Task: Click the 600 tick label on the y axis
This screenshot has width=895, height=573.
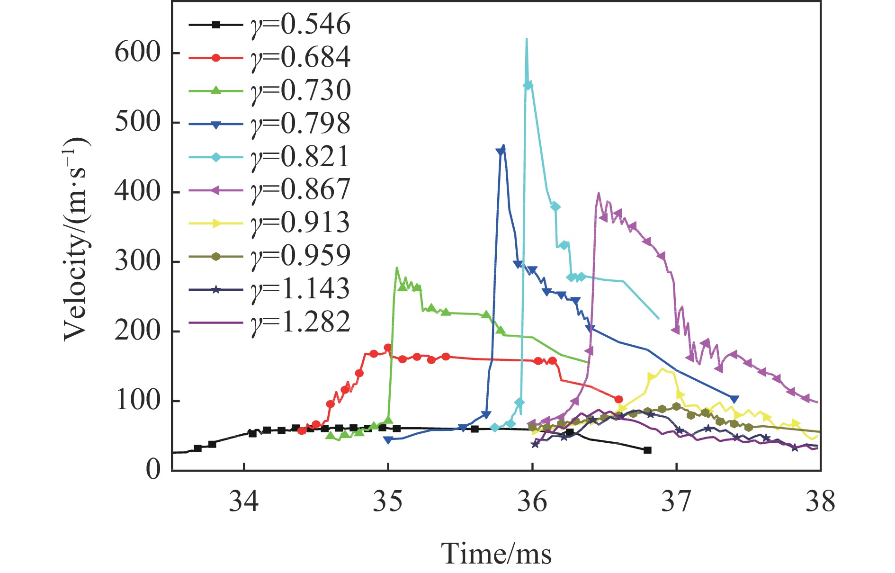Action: point(138,53)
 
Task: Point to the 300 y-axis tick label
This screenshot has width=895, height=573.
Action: point(138,261)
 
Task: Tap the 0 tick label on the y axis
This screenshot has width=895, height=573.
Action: point(152,470)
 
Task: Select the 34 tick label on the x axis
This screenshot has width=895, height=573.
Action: point(243,501)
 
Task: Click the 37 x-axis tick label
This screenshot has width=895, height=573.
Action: point(676,501)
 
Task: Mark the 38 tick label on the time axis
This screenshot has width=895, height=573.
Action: point(820,501)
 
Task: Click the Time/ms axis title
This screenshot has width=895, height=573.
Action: point(496,553)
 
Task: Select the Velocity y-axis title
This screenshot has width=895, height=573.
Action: point(76,239)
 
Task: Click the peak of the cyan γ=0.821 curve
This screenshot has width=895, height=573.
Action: point(527,39)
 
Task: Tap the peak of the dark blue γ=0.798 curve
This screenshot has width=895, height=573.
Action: point(503,145)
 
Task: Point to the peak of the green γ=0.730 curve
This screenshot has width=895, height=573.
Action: point(396,268)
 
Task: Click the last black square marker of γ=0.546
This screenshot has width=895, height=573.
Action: point(647,450)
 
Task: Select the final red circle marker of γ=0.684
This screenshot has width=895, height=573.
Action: point(618,399)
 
